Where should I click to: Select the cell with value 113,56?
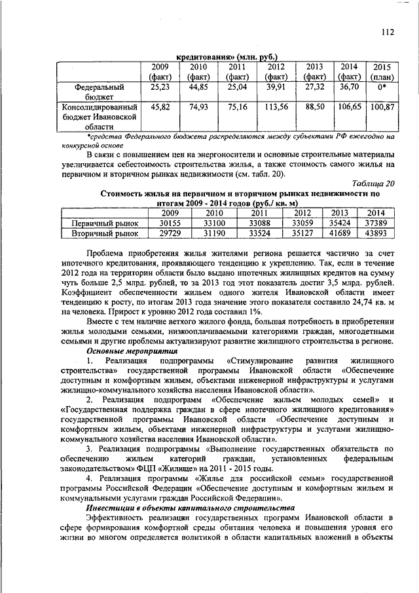(x=276, y=107)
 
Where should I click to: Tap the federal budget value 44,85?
(x=198, y=86)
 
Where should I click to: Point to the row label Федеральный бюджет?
(x=99, y=91)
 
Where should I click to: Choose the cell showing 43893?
(x=375, y=233)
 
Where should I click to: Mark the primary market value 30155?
(x=170, y=223)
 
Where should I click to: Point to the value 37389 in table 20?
(x=375, y=223)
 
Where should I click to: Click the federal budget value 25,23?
(x=160, y=86)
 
